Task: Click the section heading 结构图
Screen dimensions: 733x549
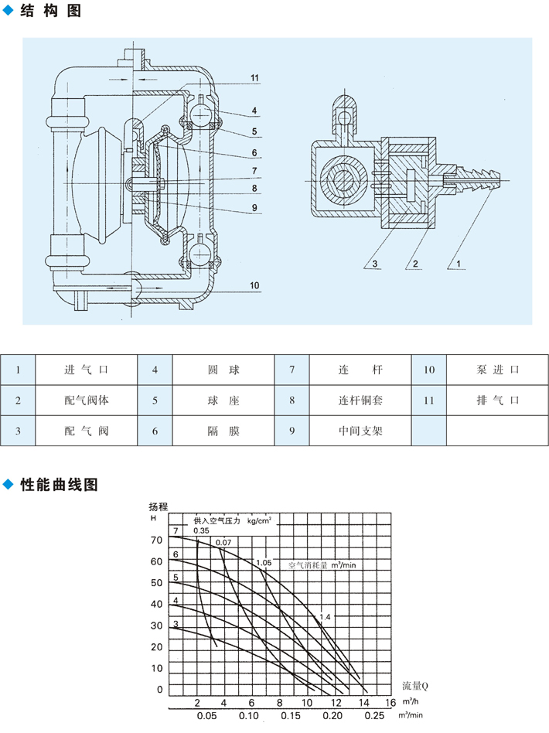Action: click(x=52, y=13)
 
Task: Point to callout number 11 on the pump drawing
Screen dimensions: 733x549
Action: click(x=254, y=77)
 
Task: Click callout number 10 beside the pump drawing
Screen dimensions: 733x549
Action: click(x=254, y=285)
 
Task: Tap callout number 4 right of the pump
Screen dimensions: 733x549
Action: click(x=254, y=111)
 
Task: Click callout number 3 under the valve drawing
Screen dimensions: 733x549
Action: click(x=373, y=264)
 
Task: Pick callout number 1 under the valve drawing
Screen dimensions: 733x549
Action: click(x=459, y=264)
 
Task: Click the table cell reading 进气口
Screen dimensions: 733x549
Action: click(x=87, y=370)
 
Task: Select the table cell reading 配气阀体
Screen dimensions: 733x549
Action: click(x=87, y=401)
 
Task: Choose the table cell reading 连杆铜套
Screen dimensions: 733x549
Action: click(x=360, y=401)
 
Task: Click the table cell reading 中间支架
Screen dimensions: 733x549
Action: click(x=360, y=431)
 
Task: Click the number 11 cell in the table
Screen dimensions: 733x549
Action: click(x=429, y=401)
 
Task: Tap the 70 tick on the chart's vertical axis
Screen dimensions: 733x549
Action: click(x=158, y=540)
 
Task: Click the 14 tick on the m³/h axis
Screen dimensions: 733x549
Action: click(x=363, y=702)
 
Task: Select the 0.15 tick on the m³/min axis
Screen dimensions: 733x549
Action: click(x=291, y=717)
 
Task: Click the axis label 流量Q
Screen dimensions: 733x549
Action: click(x=414, y=686)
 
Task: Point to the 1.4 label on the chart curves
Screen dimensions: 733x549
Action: click(x=325, y=616)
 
